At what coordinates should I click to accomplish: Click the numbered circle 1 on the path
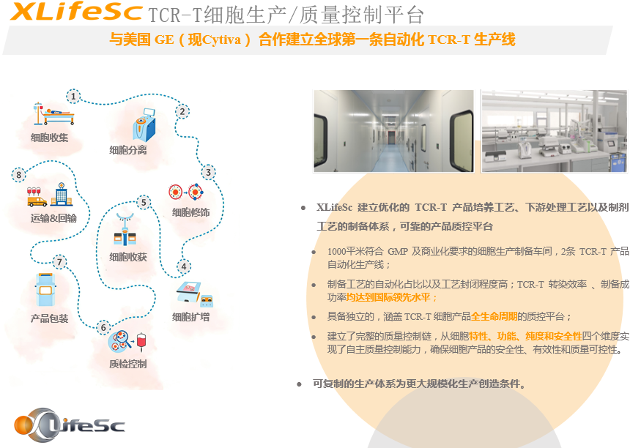73,97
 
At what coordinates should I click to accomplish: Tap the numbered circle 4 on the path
184,266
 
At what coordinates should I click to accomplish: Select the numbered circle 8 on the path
19,175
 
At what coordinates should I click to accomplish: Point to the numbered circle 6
104,327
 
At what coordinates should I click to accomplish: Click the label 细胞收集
50,138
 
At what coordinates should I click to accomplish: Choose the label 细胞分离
128,150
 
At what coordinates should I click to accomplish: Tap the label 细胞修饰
191,212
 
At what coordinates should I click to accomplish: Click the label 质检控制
128,364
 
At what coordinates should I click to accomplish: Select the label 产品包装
50,318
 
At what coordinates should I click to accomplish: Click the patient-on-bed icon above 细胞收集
53,113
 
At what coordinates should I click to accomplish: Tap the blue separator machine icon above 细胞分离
144,125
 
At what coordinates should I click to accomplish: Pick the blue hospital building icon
62,194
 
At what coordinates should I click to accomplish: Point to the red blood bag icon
141,341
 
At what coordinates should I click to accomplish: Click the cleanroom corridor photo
393,131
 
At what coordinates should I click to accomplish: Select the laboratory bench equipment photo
555,131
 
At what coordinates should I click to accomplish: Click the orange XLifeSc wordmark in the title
76,12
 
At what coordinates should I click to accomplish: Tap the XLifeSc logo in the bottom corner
69,425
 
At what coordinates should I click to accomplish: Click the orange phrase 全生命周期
494,316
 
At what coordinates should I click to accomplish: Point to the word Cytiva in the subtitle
221,40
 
